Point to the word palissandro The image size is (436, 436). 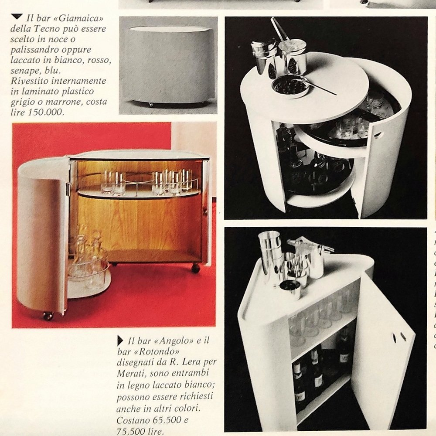point(35,50)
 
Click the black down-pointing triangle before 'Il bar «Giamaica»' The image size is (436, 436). point(17,17)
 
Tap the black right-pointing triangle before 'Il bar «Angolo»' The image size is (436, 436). point(120,341)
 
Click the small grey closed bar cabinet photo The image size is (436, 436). point(168,65)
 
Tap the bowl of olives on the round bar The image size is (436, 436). point(290,86)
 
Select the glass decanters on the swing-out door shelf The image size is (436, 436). point(87,262)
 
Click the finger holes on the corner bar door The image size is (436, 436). point(397,337)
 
